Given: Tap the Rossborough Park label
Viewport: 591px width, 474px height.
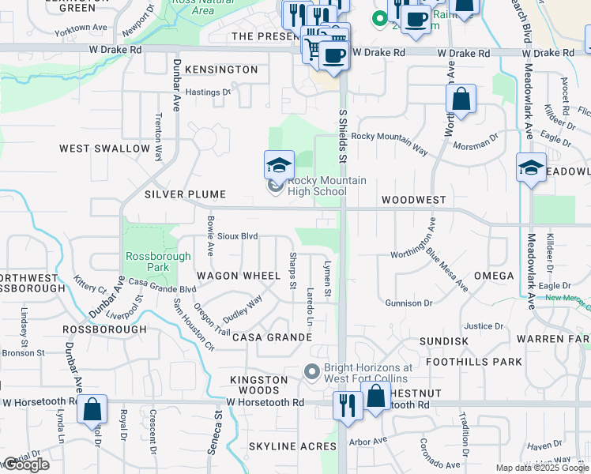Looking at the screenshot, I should point(158,261).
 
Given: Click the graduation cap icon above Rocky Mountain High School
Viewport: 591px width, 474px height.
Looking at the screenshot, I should point(279,166).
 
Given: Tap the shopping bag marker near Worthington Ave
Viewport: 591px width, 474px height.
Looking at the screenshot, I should point(461,100).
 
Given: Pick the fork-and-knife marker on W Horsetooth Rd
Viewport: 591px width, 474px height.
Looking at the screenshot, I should point(348,404).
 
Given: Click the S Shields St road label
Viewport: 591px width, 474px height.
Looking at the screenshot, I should point(343,136).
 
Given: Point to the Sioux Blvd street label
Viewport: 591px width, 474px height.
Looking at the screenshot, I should point(238,236).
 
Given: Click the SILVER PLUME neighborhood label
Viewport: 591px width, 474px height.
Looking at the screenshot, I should point(185,194).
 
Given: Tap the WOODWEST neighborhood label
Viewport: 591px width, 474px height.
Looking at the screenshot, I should point(413,201).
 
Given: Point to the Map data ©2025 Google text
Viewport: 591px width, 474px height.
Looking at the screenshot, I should point(542,468).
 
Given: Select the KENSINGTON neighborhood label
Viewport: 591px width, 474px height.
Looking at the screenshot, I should point(221,70).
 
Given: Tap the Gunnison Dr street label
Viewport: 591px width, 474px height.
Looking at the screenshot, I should point(408,303).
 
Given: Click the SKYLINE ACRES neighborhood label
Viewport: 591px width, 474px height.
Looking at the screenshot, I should point(292,447).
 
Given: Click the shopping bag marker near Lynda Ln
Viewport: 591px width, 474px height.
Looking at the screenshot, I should point(92,409).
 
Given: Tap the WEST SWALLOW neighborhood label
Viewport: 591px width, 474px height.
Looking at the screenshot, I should point(104,149).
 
